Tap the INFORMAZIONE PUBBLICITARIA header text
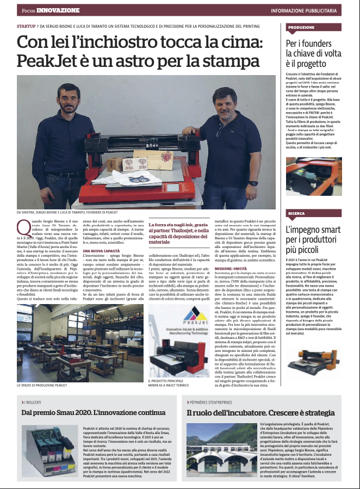coord(311,10)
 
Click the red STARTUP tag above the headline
coord(27,26)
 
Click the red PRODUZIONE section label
coord(302,27)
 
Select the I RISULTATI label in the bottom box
coord(34,402)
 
